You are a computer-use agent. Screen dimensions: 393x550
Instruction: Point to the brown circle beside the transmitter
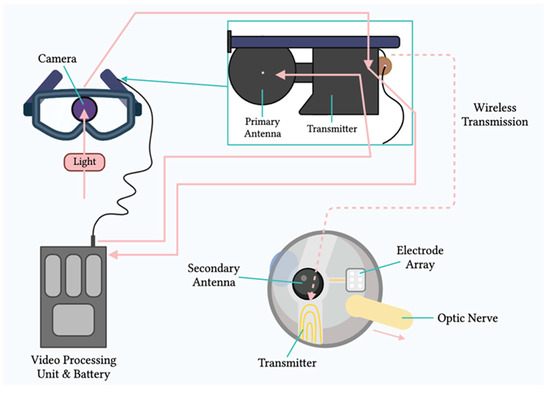[x=384, y=67]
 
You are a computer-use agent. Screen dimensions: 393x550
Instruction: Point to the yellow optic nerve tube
[x=410, y=320]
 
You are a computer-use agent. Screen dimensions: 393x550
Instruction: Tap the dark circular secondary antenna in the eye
[x=303, y=284]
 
